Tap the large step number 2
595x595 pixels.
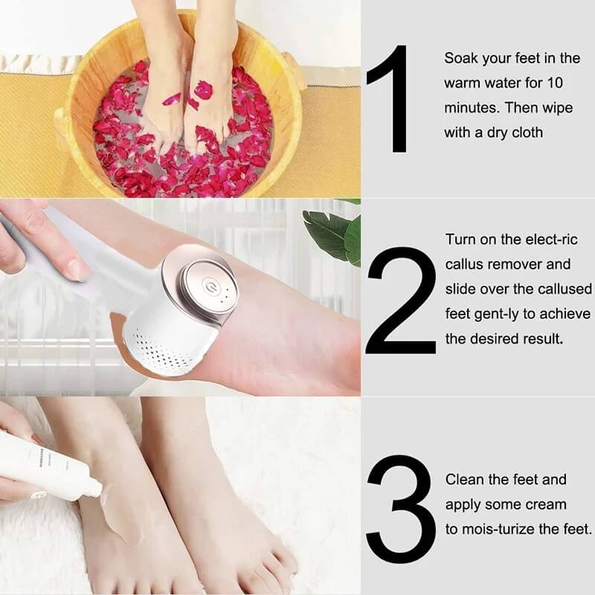tap(400, 299)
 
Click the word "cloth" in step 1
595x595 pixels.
tap(527, 132)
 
